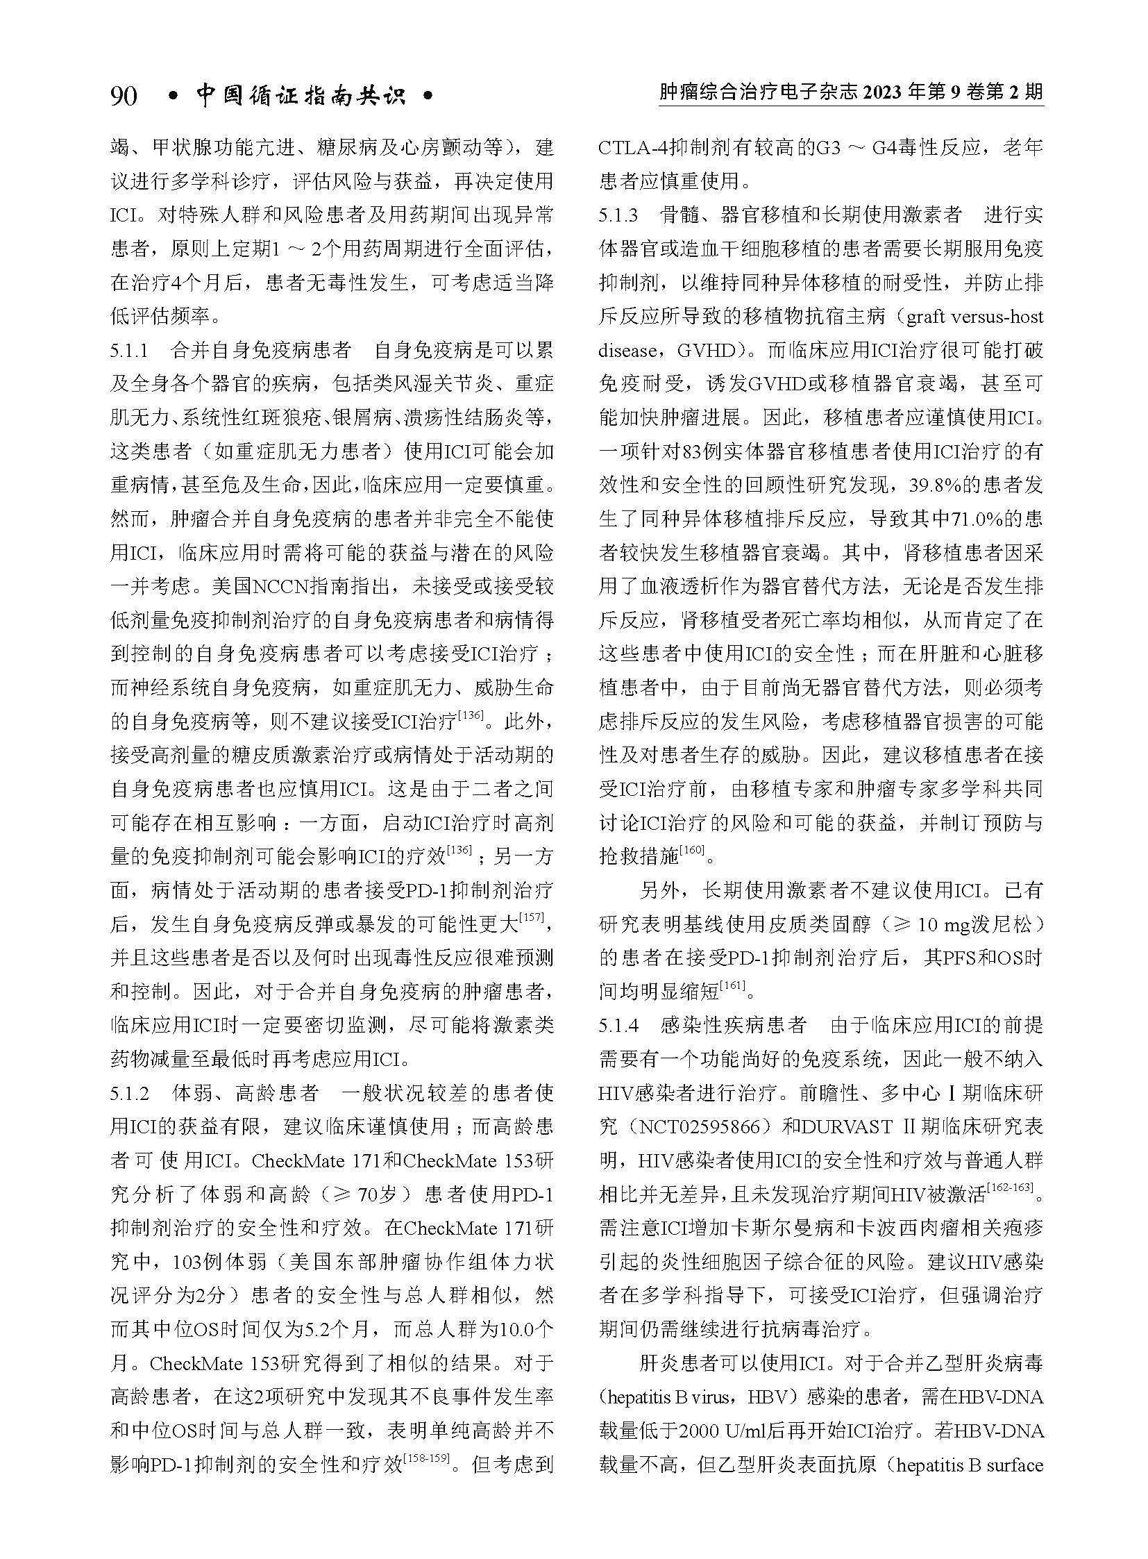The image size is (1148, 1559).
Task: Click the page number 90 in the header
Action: pyautogui.click(x=124, y=96)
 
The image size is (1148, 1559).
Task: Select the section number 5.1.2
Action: pyautogui.click(x=129, y=1093)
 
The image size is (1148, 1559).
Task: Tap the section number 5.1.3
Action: pyautogui.click(x=618, y=215)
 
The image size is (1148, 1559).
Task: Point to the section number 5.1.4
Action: pyautogui.click(x=618, y=1025)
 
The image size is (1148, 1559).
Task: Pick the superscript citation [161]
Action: pyautogui.click(x=732, y=985)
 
